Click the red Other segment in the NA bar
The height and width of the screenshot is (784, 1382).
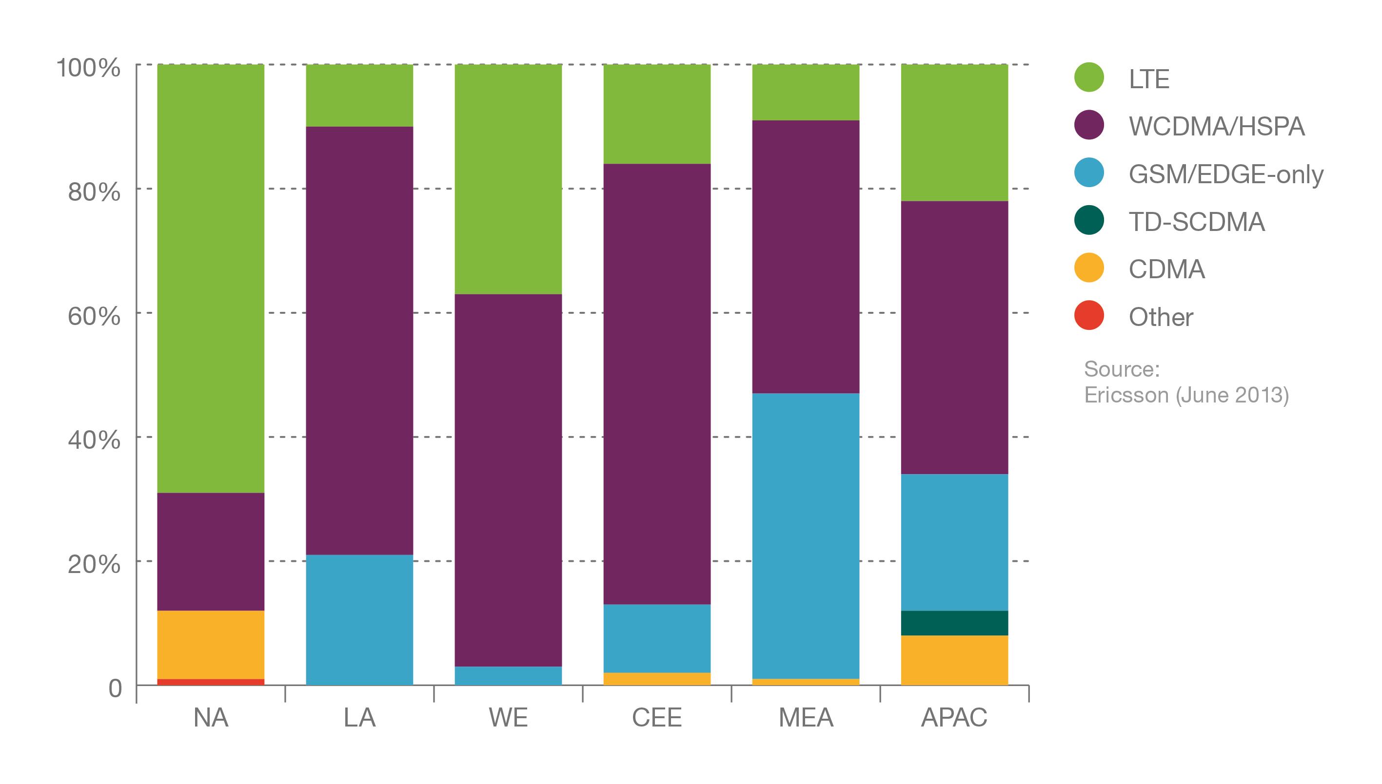pos(211,682)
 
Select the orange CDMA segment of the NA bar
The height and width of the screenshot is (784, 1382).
pos(211,645)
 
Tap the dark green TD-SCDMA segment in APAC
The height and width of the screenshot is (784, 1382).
pos(954,623)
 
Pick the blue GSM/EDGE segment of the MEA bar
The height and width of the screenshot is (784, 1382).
pos(806,536)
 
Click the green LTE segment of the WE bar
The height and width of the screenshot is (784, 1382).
pos(508,179)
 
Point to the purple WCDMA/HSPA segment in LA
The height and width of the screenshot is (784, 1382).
pos(359,340)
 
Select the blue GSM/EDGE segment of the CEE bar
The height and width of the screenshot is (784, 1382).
pos(657,638)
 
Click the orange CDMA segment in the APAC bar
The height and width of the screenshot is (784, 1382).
pos(954,660)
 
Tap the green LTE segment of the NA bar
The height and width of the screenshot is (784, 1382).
pos(211,278)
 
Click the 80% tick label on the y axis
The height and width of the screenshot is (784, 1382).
pos(94,191)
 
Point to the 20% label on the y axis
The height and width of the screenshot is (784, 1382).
pos(94,564)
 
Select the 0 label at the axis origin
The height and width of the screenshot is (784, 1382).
pos(115,688)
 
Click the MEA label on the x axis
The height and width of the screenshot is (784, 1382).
pos(806,718)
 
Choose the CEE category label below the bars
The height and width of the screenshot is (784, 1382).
pos(657,718)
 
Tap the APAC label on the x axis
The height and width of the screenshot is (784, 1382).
pos(954,718)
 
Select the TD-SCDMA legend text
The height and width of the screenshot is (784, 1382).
pos(1197,222)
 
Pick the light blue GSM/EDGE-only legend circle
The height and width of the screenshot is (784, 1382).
pos(1089,173)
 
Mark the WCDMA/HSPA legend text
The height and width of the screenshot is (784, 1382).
pos(1217,127)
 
